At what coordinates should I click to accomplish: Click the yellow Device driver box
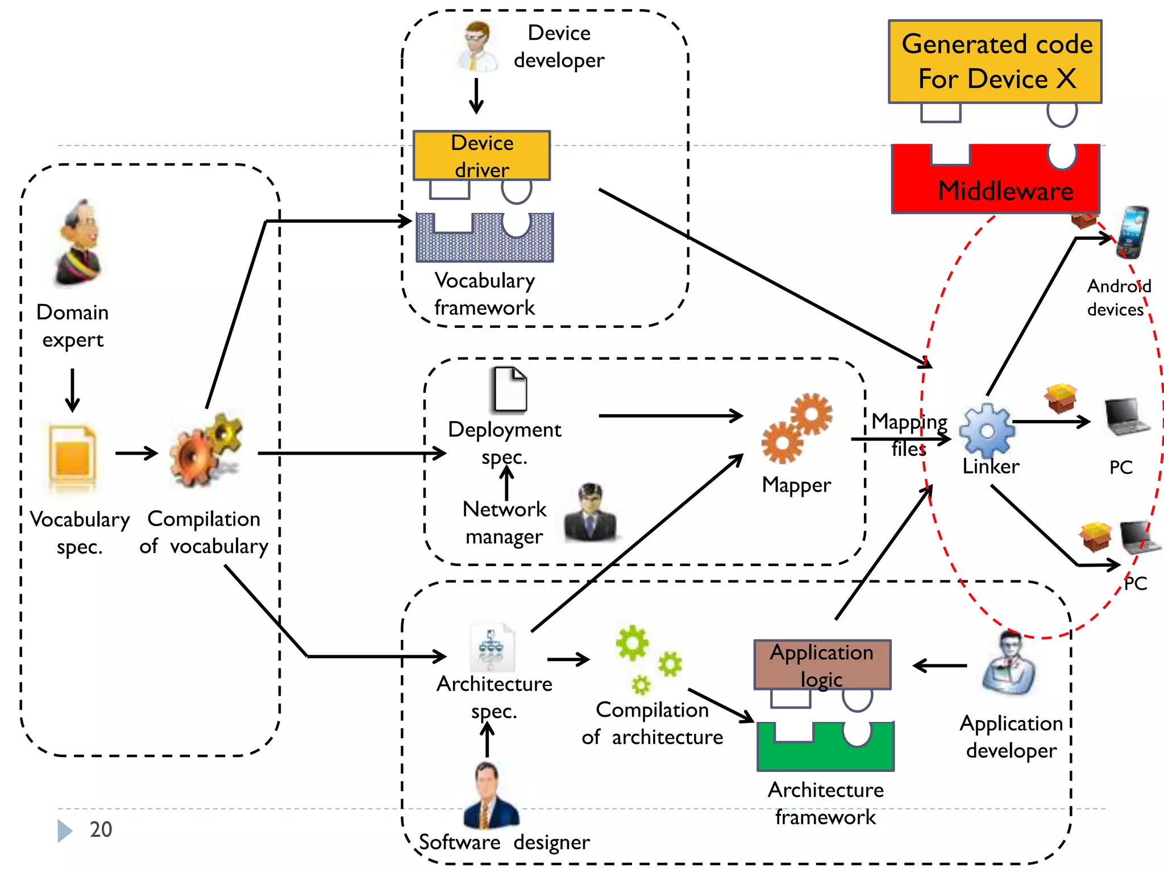[x=481, y=155]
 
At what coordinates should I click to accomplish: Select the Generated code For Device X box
[x=995, y=61]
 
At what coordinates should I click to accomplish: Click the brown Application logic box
[x=822, y=664]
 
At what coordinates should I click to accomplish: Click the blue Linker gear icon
[x=987, y=431]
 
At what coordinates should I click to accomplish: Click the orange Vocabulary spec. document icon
[x=72, y=458]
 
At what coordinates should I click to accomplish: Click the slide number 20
[x=101, y=829]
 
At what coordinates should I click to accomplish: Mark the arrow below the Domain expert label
[x=72, y=390]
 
